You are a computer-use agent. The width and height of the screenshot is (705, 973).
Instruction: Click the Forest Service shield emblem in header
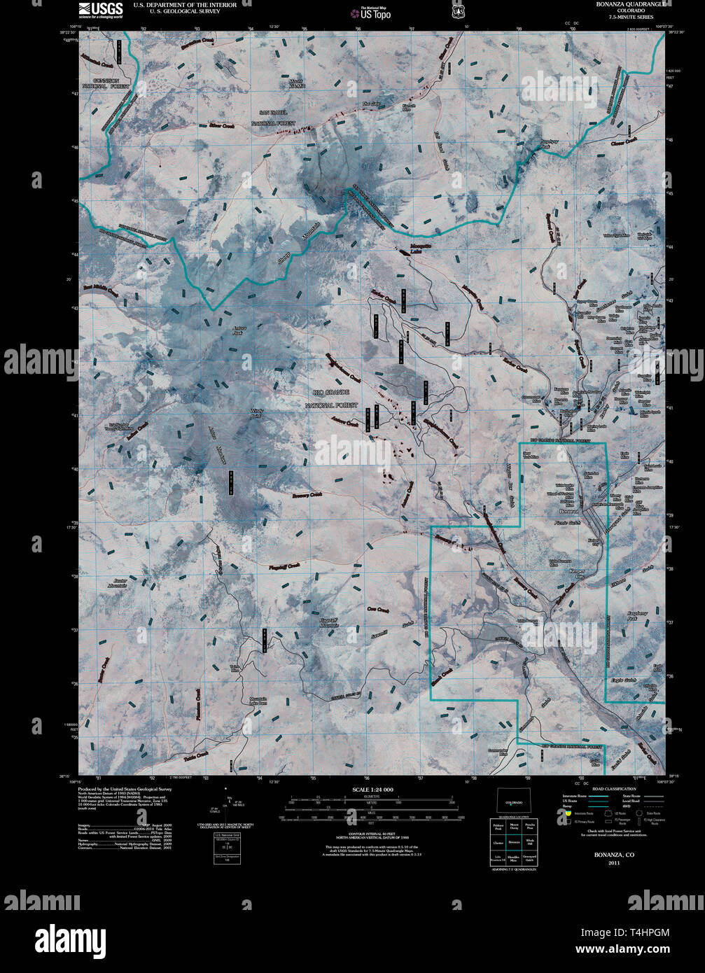458,11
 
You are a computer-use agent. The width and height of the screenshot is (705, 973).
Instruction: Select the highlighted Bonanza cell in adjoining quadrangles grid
514,843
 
